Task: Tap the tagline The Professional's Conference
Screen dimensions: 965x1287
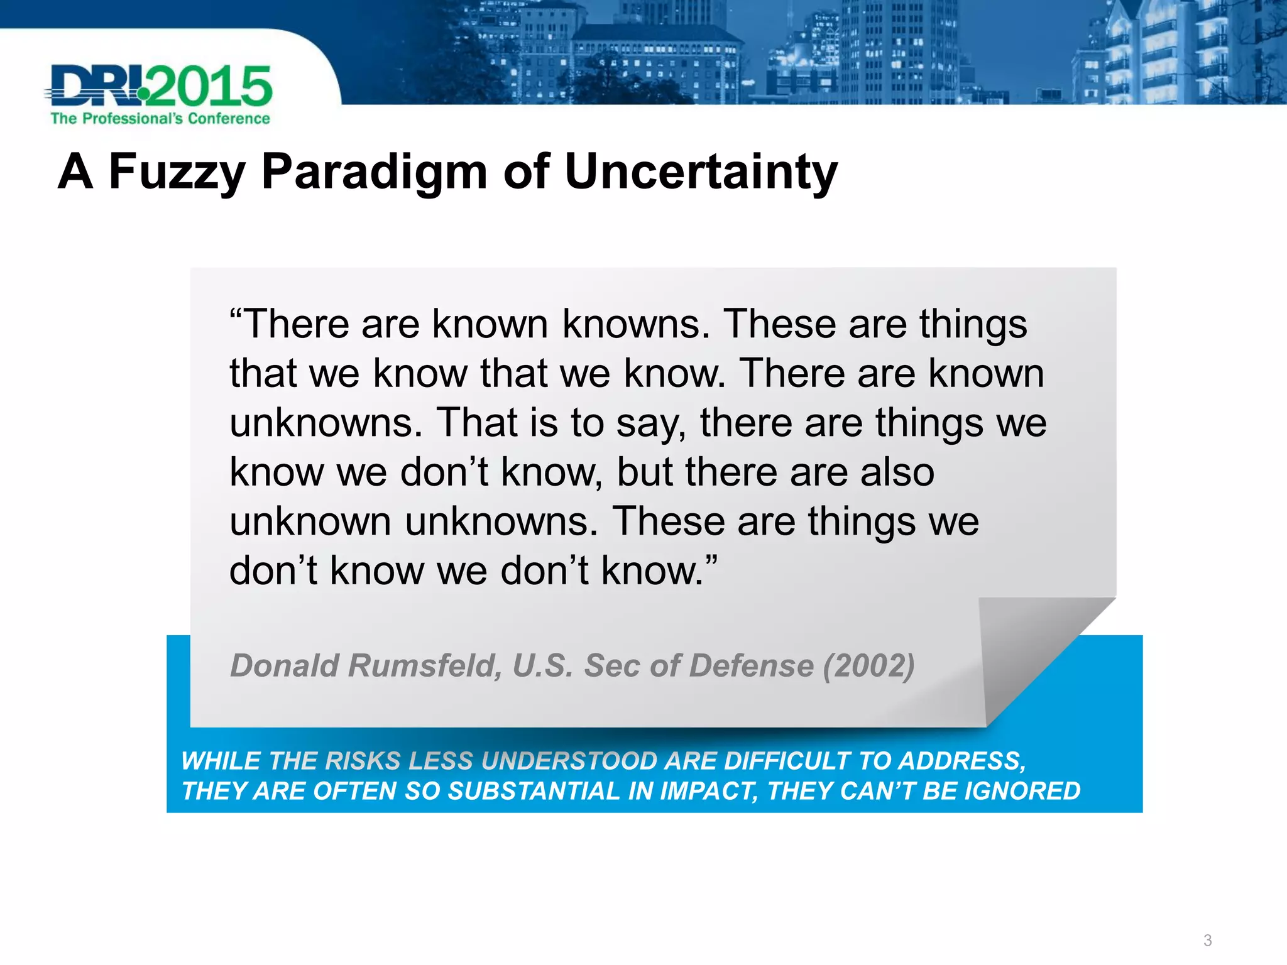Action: coord(160,119)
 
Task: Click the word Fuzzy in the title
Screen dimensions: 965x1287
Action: coord(177,172)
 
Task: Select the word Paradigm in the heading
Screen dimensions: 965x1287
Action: coord(374,172)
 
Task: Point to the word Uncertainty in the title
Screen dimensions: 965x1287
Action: coord(701,171)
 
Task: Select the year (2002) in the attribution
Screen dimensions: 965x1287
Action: coord(869,666)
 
